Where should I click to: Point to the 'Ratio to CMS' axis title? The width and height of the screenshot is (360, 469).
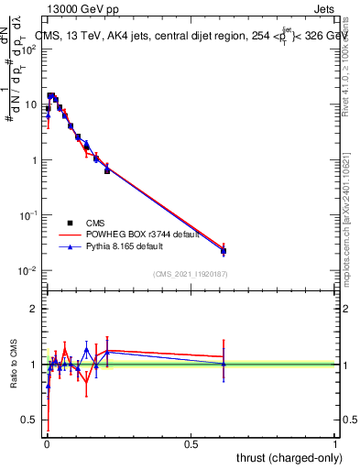tap(13, 363)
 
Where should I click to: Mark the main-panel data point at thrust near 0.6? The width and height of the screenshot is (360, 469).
tap(224, 251)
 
